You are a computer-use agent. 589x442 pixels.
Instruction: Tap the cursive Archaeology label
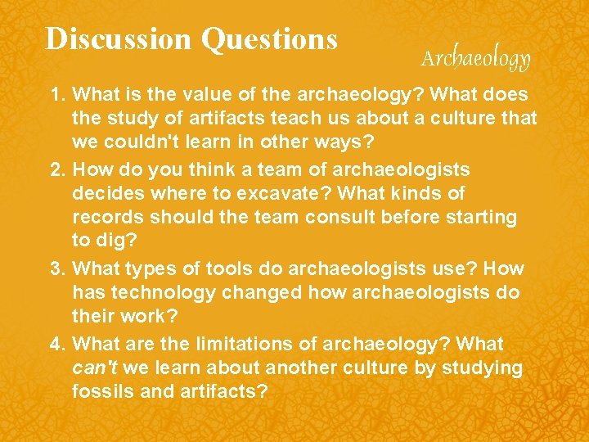475,58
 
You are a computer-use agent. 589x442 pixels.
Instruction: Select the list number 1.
56,95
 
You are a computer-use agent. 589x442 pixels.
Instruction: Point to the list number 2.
56,169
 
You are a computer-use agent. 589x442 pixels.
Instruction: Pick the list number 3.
56,268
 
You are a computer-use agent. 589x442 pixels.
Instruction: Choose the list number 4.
56,343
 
